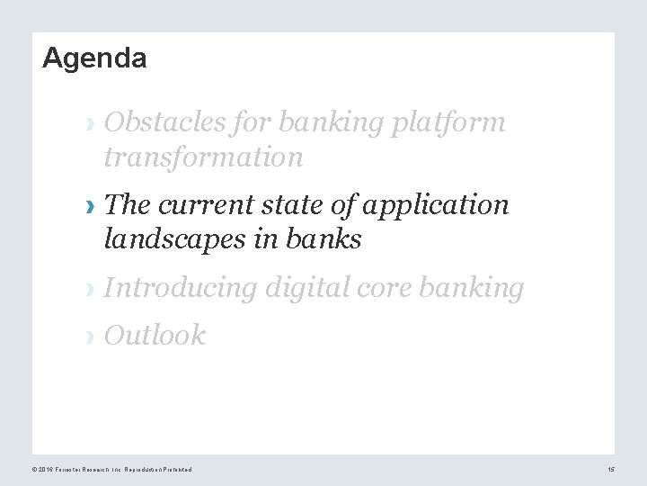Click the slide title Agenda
click(x=94, y=59)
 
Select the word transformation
click(x=204, y=157)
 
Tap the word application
click(x=436, y=206)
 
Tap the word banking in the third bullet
click(x=474, y=288)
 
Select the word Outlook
click(x=155, y=336)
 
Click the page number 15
click(x=610, y=470)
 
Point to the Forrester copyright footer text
click(x=111, y=470)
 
